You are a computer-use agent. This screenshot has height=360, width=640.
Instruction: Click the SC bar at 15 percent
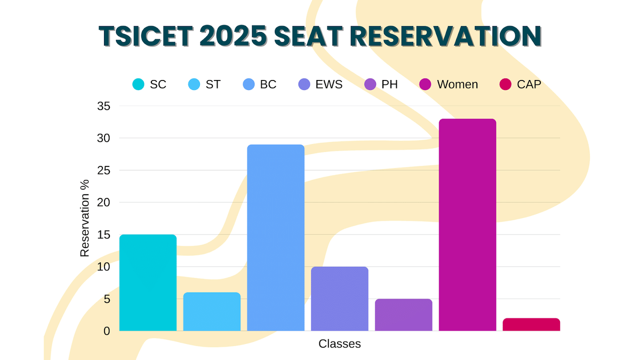pos(148,283)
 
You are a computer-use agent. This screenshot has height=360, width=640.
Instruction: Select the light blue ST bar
pos(212,312)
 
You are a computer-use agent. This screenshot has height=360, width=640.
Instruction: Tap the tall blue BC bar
pos(276,238)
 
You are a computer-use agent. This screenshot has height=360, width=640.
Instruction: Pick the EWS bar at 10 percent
pos(340,299)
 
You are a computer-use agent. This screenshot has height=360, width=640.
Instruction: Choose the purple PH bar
pos(404,315)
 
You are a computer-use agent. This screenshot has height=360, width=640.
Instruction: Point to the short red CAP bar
pos(531,325)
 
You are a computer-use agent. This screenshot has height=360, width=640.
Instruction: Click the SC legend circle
pos(139,84)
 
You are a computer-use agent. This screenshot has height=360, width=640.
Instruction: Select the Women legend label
pos(457,84)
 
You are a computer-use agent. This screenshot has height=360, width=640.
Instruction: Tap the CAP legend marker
pos(505,84)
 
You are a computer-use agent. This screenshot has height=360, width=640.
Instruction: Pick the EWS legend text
pos(329,84)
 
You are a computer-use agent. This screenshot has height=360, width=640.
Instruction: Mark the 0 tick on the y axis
pos(107,331)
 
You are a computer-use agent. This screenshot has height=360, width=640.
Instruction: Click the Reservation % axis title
pos(85,218)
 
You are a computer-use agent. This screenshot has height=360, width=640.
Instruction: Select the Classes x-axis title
pos(340,344)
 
